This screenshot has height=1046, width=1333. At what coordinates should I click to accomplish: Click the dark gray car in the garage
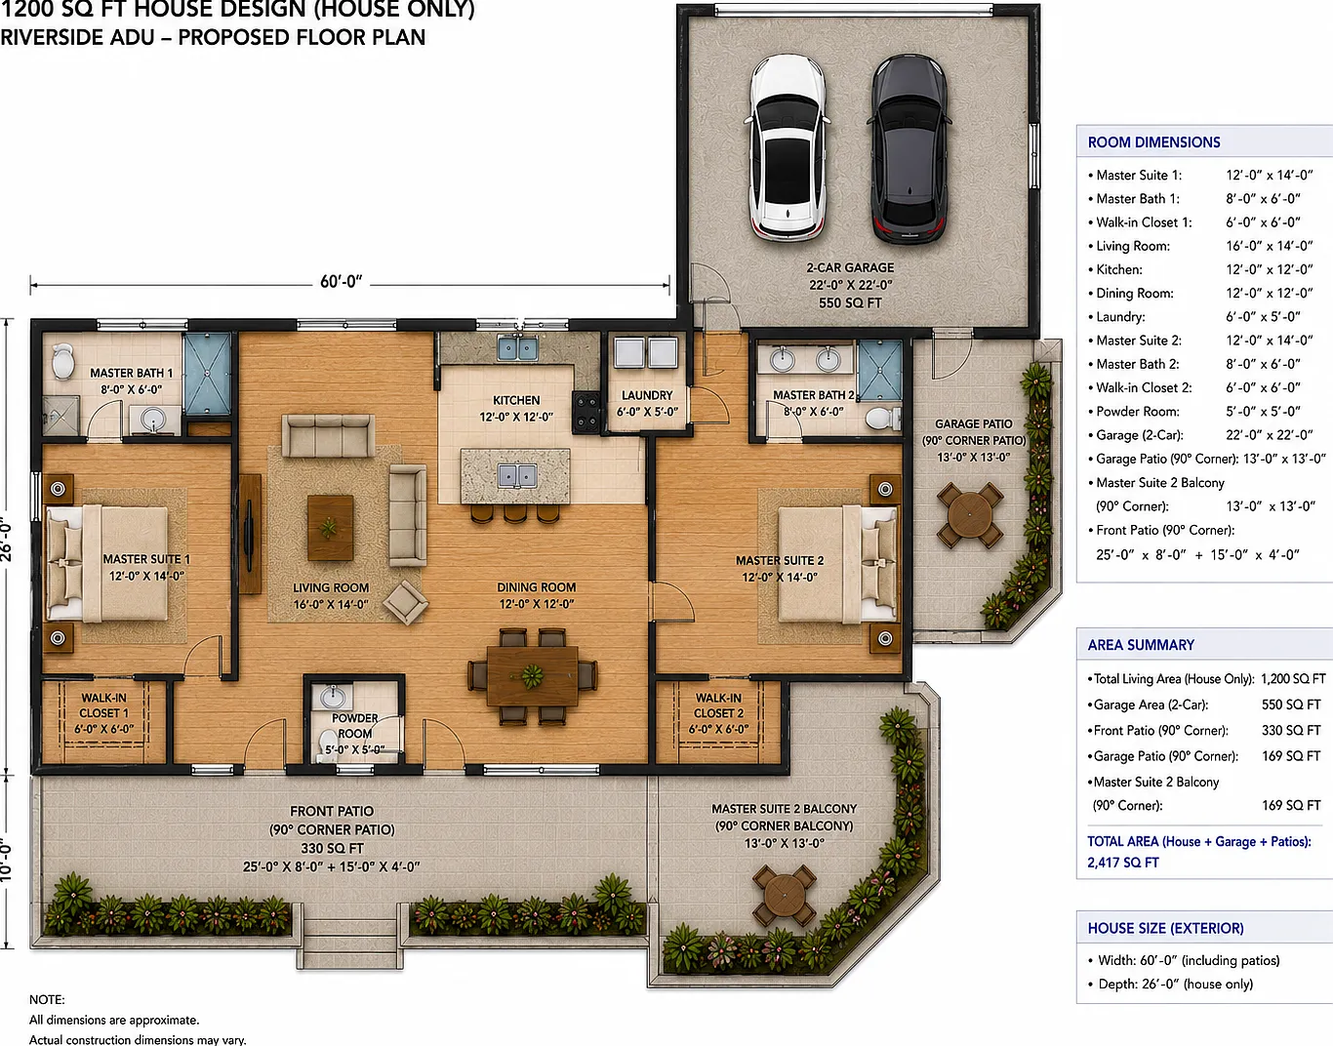[909, 149]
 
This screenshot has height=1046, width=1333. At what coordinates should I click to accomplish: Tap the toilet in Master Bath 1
[62, 361]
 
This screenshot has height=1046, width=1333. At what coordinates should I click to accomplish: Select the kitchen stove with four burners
[586, 412]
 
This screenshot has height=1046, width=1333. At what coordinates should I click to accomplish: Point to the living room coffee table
[330, 527]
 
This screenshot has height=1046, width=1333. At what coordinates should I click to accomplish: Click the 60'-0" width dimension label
[342, 281]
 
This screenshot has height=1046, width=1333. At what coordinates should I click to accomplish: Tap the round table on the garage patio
[970, 515]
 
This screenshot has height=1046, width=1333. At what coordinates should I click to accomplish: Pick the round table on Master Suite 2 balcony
[785, 895]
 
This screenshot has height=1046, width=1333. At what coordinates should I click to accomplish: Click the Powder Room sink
[333, 697]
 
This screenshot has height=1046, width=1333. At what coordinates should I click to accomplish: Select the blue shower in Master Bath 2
[879, 371]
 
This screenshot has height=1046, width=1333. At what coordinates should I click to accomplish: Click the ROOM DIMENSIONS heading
[1153, 142]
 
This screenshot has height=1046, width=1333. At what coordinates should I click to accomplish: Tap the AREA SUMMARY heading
[1141, 645]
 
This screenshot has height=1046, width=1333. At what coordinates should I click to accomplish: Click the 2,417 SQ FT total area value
[1123, 863]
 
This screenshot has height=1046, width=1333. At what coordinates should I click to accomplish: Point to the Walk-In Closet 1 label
[103, 713]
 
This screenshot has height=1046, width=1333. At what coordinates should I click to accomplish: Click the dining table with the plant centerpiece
[532, 676]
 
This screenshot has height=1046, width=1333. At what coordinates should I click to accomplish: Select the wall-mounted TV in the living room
[250, 535]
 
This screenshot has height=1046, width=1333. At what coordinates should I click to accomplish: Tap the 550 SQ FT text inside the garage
[850, 302]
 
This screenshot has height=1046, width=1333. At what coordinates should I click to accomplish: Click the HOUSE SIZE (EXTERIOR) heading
[1165, 928]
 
